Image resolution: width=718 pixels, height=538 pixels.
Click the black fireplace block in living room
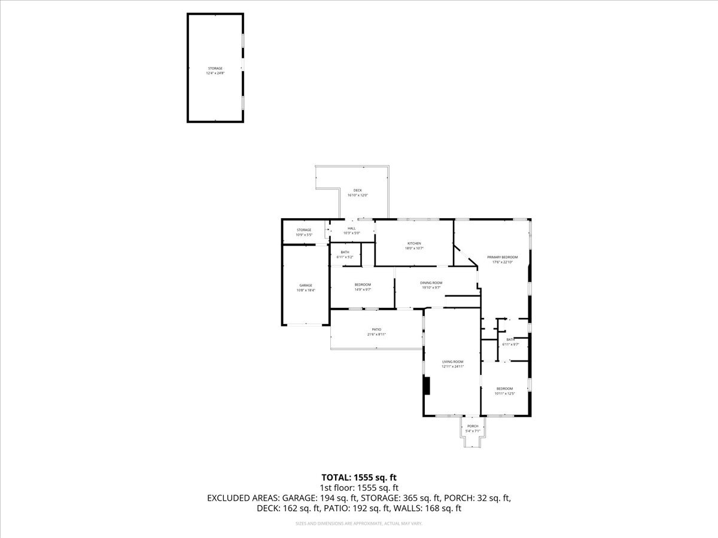click(426, 386)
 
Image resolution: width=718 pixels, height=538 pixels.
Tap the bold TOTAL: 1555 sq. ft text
click(359, 477)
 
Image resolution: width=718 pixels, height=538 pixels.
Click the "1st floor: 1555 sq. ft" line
click(359, 488)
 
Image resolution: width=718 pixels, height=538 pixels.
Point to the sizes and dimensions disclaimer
click(359, 524)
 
